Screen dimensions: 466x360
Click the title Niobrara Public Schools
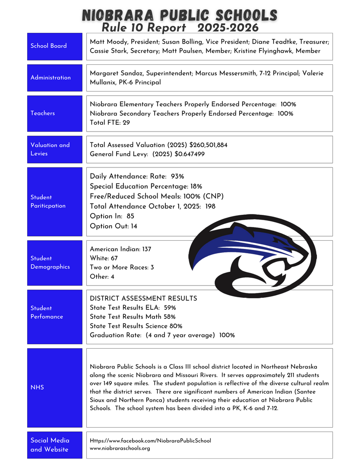tap(180, 16)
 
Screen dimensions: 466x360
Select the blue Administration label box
tap(54, 78)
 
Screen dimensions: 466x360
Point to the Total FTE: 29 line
tap(110, 123)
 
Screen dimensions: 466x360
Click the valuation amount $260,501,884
tap(202, 145)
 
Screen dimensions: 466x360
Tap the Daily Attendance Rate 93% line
tap(137, 176)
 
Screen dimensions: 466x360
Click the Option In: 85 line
tap(112, 216)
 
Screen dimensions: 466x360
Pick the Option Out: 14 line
tap(113, 226)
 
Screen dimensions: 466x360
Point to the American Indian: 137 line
tap(120, 249)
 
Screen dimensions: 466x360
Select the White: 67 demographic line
tap(104, 258)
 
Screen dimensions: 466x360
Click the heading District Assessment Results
tap(143, 299)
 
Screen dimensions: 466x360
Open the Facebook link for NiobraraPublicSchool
tap(150, 441)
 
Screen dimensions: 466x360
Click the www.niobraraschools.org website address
tap(120, 449)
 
